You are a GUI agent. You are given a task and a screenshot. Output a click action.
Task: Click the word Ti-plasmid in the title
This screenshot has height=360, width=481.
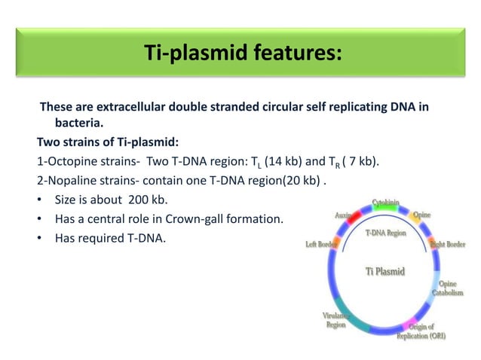(x=185, y=53)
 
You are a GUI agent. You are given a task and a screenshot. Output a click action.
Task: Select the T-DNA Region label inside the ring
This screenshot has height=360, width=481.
(x=385, y=233)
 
